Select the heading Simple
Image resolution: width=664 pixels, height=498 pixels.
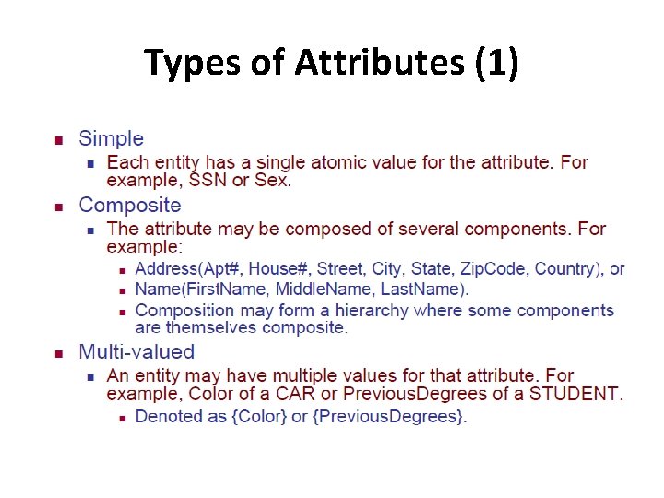pos(112,139)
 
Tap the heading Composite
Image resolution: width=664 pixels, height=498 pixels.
pos(130,206)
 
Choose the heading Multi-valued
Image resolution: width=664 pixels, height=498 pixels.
pos(136,351)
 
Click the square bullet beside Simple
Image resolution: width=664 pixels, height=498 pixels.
pos(57,141)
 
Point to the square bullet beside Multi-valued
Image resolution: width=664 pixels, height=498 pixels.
pos(57,353)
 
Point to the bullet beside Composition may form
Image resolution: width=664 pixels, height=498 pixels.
pos(121,312)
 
